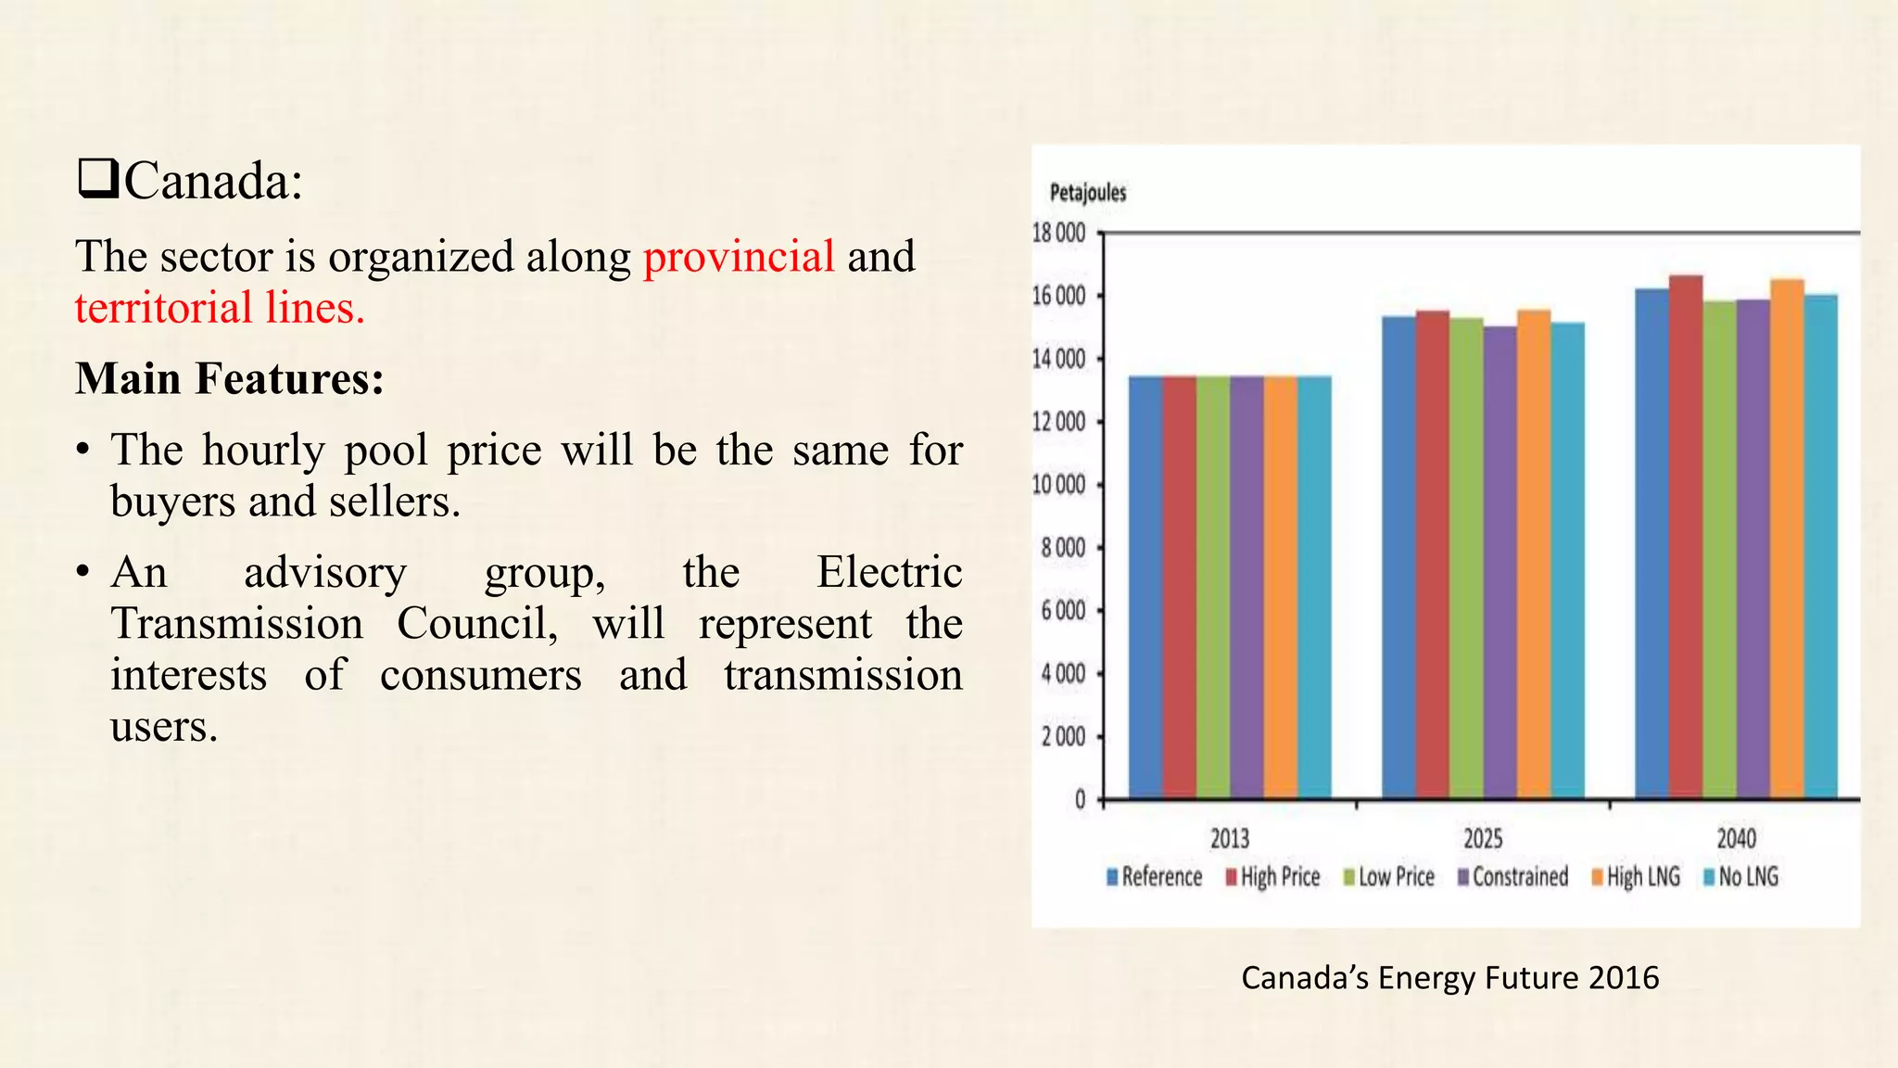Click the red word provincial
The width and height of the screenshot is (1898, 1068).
click(x=739, y=257)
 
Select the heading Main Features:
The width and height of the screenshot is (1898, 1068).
click(x=230, y=378)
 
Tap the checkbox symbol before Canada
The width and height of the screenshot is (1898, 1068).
click(x=97, y=179)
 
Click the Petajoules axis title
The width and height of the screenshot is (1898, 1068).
click(x=1088, y=193)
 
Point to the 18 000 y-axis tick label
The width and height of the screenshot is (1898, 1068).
click(x=1058, y=233)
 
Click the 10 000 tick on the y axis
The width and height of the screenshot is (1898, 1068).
click(x=1058, y=485)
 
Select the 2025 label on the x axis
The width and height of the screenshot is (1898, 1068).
click(x=1483, y=839)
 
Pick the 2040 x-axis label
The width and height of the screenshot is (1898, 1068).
click(x=1736, y=839)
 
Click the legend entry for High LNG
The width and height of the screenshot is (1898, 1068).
click(x=1637, y=877)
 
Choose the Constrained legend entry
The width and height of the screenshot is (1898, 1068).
click(x=1513, y=877)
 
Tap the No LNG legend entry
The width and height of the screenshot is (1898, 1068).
click(x=1742, y=877)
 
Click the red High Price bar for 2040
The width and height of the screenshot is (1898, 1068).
click(x=1686, y=538)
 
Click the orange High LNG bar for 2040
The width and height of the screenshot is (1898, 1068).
click(x=1787, y=539)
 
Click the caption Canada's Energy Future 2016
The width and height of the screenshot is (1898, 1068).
click(x=1449, y=978)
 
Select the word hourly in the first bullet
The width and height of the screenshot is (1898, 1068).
click(x=263, y=451)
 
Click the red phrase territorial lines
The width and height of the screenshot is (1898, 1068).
click(x=220, y=308)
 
